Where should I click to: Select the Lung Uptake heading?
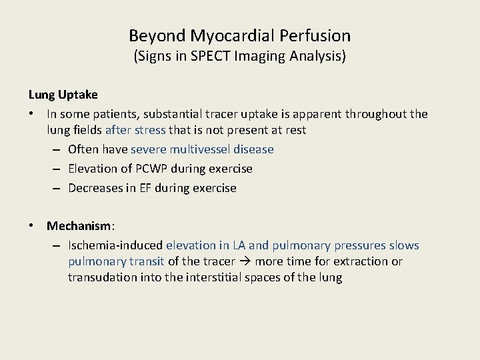(63, 96)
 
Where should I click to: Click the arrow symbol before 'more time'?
(245, 262)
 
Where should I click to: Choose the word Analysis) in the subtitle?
(319, 57)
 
